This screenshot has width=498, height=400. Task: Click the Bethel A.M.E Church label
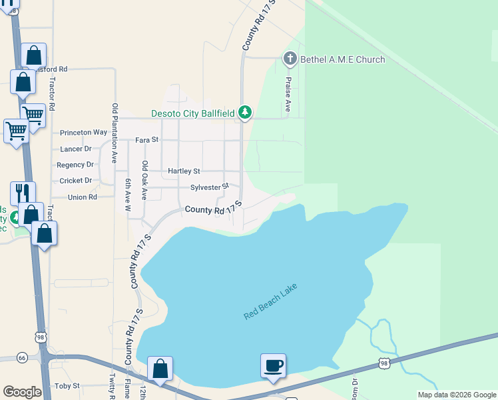pyautogui.click(x=342, y=59)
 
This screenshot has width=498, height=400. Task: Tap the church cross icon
pyautogui.click(x=290, y=59)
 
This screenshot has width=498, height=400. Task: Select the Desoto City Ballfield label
pyautogui.click(x=192, y=113)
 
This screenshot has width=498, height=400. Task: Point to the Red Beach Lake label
pyautogui.click(x=270, y=301)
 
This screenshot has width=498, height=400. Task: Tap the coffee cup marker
pyautogui.click(x=273, y=366)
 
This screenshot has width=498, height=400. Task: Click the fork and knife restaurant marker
pyautogui.click(x=23, y=193)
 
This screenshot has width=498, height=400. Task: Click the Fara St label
pyautogui.click(x=146, y=140)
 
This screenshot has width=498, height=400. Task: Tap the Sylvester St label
pyautogui.click(x=209, y=187)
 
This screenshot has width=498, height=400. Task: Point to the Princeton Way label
pyautogui.click(x=83, y=133)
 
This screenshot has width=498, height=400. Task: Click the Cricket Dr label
pyautogui.click(x=75, y=181)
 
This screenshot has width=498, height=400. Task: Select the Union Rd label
pyautogui.click(x=83, y=197)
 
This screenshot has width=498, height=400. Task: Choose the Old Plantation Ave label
pyautogui.click(x=115, y=134)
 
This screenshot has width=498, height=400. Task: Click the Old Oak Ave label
pyautogui.click(x=143, y=180)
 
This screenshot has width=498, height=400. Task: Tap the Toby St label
pyautogui.click(x=67, y=385)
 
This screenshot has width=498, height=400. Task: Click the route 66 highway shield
pyautogui.click(x=22, y=358)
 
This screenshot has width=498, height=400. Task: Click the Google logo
pyautogui.click(x=22, y=392)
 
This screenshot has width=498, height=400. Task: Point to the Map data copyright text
pyautogui.click(x=456, y=395)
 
